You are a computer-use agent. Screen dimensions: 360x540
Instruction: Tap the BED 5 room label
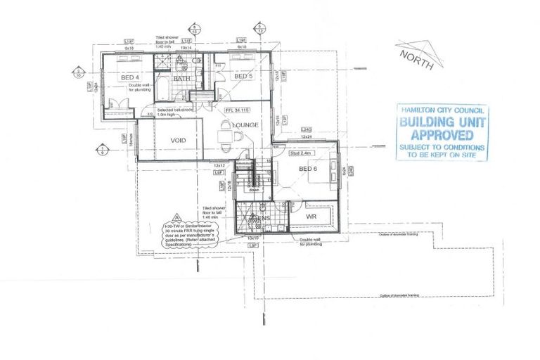(x=243, y=76)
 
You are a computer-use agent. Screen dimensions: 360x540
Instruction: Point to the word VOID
(x=178, y=141)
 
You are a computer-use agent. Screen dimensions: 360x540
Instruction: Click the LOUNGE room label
(x=245, y=125)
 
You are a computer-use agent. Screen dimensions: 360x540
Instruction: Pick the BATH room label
(x=182, y=79)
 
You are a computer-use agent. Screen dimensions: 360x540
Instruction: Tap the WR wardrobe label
(x=311, y=217)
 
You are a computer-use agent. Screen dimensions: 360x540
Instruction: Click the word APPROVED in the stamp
(x=442, y=134)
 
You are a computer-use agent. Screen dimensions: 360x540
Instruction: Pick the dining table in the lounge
(x=224, y=138)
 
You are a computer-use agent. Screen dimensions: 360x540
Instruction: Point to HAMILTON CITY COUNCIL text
(x=442, y=111)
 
